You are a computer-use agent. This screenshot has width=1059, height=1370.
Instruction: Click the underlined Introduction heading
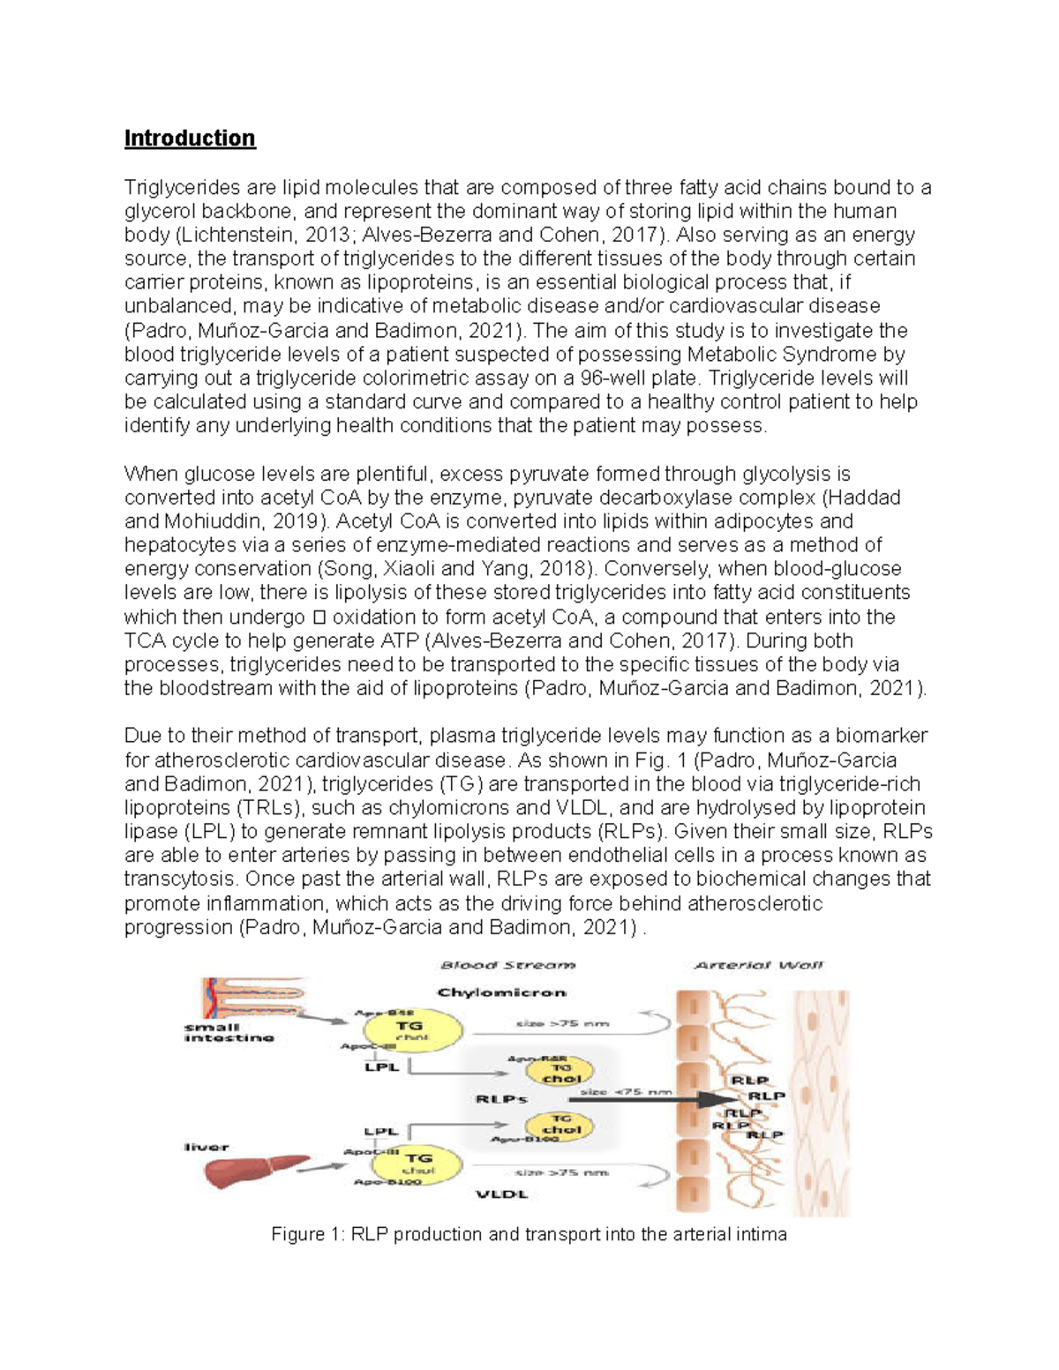click(x=190, y=138)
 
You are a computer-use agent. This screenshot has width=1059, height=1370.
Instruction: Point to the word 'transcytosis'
click(x=181, y=880)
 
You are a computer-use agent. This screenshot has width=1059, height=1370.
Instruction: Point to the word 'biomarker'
click(x=882, y=736)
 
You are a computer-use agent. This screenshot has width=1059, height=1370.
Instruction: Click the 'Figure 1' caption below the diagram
click(x=529, y=1234)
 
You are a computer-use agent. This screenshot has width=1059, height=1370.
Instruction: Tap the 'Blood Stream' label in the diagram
click(x=507, y=965)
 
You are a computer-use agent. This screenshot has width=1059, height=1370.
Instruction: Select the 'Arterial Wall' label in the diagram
click(x=759, y=965)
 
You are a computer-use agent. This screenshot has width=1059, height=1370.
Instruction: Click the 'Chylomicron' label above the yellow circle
click(x=501, y=992)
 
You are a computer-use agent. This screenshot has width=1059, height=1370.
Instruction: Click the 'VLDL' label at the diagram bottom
click(x=501, y=1194)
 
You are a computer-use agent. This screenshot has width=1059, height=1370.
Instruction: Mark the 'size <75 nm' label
click(x=627, y=1091)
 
